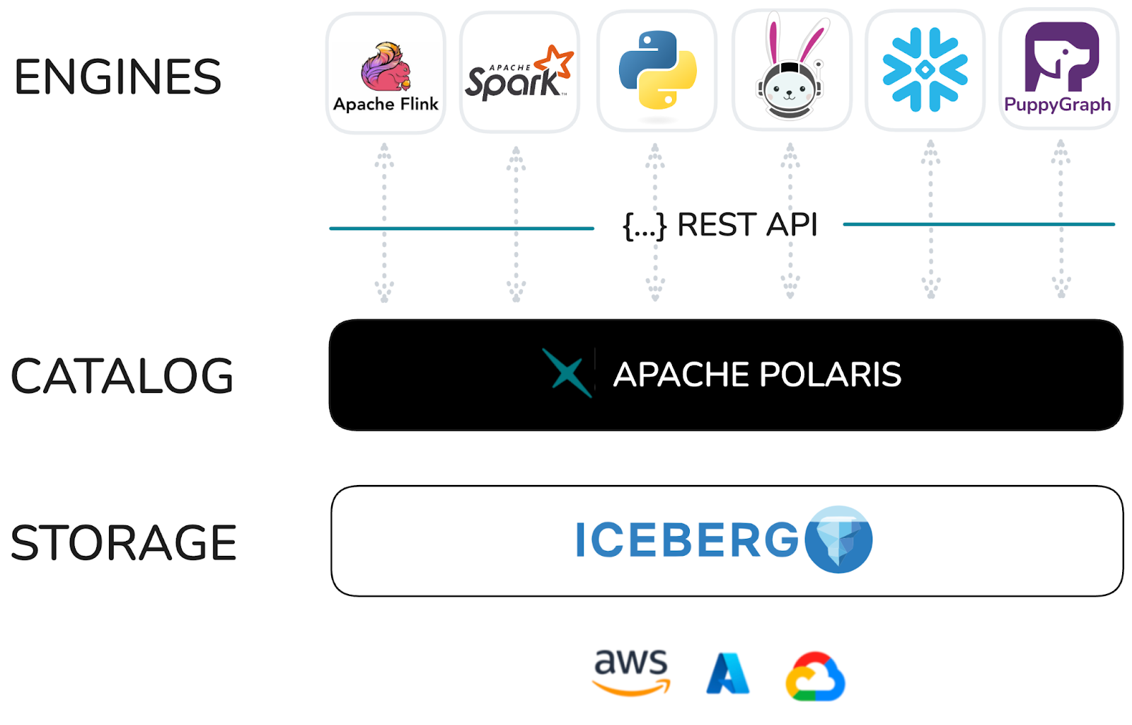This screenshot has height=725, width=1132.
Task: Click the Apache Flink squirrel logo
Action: click(x=386, y=67)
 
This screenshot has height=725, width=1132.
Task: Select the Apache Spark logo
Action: click(x=519, y=74)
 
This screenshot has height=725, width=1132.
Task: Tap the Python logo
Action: click(x=657, y=70)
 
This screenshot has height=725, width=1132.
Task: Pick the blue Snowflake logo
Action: click(x=925, y=70)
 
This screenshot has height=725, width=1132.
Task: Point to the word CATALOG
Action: click(x=122, y=376)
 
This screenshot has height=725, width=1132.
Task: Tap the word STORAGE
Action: click(x=124, y=543)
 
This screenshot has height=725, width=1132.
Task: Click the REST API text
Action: click(x=747, y=225)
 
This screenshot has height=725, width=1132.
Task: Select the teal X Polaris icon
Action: click(x=567, y=372)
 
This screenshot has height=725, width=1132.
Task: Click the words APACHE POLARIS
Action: click(x=757, y=375)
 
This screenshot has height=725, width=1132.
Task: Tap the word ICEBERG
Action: click(x=687, y=540)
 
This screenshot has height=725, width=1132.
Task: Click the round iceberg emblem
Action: click(x=838, y=540)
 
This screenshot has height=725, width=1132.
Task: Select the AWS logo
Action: click(x=631, y=671)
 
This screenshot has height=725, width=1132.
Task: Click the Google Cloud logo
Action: click(x=815, y=676)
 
